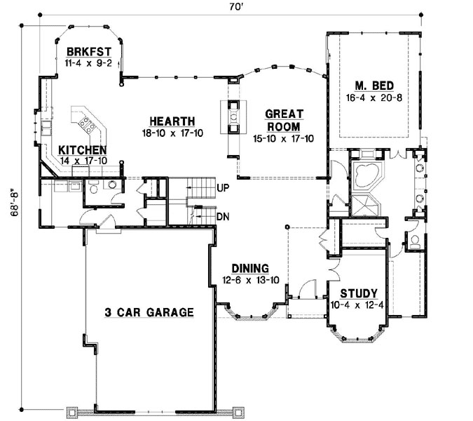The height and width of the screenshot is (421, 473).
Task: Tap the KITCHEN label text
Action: [x=82, y=150]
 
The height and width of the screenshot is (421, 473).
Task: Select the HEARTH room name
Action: [x=172, y=121]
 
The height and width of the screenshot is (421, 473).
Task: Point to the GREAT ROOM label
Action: [x=284, y=121]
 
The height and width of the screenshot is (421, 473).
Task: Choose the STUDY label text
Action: [x=359, y=293]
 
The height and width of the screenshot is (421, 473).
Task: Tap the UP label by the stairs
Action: [x=224, y=189]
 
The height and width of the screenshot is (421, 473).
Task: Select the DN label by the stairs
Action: [x=223, y=217]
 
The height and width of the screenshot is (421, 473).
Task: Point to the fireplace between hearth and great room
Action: [x=231, y=116]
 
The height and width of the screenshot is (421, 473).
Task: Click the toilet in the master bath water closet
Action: [x=415, y=243]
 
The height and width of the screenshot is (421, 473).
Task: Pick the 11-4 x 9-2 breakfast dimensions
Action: [x=88, y=63]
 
